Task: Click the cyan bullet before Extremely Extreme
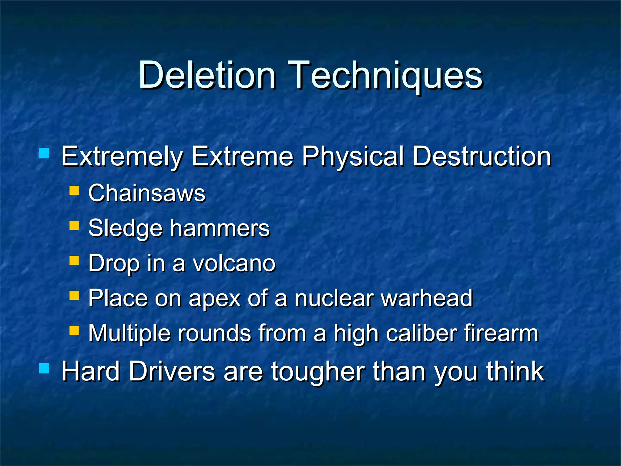[44, 153]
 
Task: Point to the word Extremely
[122, 157]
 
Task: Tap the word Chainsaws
[147, 193]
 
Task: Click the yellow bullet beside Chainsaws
[74, 191]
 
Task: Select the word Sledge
[125, 229]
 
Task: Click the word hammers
[220, 228]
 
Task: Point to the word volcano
[234, 263]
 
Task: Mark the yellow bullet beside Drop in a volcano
[74, 260]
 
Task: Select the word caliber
[421, 333]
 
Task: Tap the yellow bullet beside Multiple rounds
[74, 330]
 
